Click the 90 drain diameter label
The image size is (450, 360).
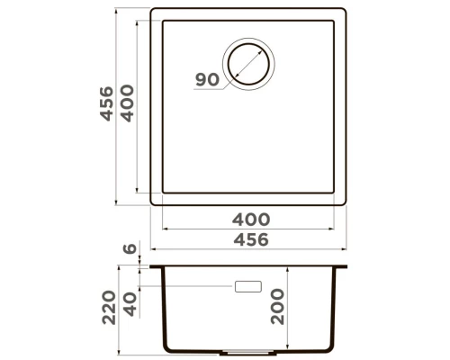[x=207, y=80]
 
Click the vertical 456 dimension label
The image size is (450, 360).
[x=107, y=103]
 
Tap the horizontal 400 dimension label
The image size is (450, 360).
[x=251, y=220]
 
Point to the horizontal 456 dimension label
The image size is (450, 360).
[x=251, y=239]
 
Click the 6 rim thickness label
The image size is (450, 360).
[x=130, y=248]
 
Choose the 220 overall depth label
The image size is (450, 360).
[x=109, y=307]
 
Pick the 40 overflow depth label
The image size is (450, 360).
[x=130, y=304]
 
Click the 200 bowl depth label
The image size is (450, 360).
[x=277, y=306]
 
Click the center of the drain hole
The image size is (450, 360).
[x=248, y=64]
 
